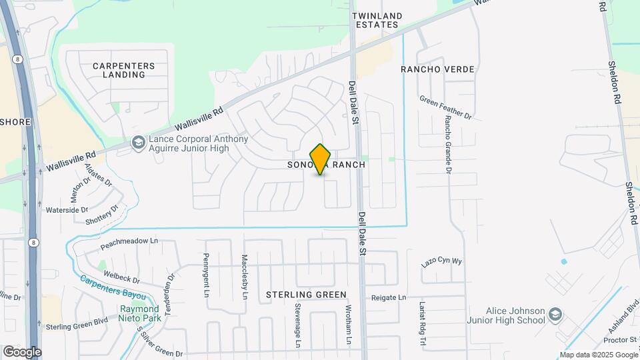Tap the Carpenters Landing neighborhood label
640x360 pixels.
[x=124, y=70]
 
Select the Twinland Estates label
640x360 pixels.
[x=378, y=20]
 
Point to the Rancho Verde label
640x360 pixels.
[x=437, y=69]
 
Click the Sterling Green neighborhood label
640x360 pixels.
[x=306, y=295]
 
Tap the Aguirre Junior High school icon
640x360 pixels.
[x=138, y=143]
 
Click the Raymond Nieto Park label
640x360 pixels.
[x=140, y=314]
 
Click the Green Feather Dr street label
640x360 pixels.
[x=445, y=107]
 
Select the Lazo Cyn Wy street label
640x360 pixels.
[x=441, y=261]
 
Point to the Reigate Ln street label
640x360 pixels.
[x=389, y=297]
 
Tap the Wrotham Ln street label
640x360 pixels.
[x=348, y=325]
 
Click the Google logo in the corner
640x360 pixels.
[x=22, y=351]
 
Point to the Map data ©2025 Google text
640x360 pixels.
[x=598, y=355]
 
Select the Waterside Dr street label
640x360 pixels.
[x=66, y=210]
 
